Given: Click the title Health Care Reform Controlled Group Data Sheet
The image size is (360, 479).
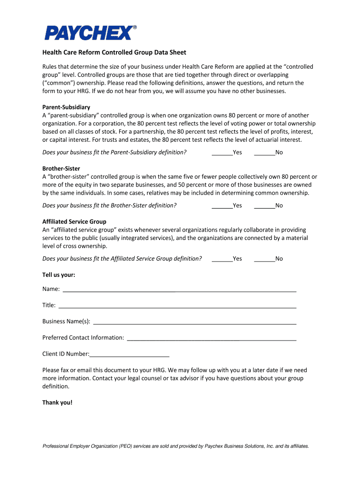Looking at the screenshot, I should click(114, 52).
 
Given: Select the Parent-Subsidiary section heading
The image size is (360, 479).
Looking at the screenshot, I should click(66, 107).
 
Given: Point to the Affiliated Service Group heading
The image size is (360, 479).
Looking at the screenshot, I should click(74, 221).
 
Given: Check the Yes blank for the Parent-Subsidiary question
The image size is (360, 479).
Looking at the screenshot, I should click(222, 152).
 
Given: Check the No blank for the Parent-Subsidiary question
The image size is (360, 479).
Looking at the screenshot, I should click(264, 152).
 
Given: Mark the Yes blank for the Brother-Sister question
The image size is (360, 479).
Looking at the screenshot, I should click(222, 205).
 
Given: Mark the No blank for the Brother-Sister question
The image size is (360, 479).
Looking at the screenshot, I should click(264, 205).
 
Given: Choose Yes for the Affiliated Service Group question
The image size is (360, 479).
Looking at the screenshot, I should click(222, 259).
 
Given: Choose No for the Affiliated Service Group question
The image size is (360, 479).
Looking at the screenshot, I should click(264, 259).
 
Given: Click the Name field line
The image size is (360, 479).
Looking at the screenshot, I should click(179, 289).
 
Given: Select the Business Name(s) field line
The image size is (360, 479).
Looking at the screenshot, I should click(194, 322).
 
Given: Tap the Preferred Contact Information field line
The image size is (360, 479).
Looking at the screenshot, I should click(211, 338).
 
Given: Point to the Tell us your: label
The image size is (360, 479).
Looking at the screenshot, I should click(58, 275).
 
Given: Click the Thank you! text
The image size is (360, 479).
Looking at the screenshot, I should click(58, 402).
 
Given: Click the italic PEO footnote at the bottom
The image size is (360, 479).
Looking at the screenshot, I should click(176, 446).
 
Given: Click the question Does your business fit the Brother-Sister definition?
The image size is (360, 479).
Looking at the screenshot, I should click(109, 205).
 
